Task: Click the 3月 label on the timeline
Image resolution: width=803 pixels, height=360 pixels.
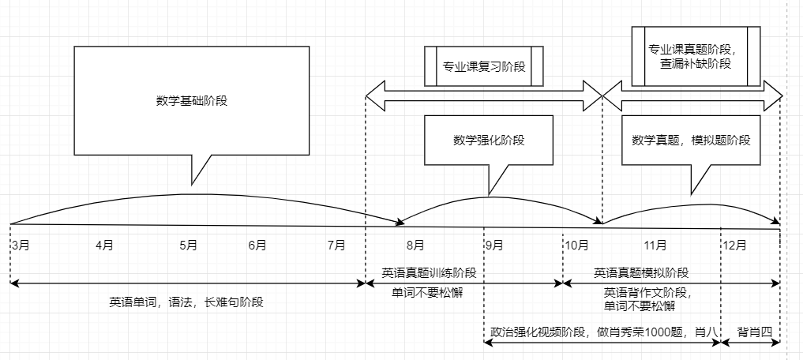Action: [x=21, y=245]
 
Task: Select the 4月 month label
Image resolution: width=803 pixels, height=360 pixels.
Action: [x=104, y=246]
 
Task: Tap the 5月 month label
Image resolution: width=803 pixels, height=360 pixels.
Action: [x=188, y=246]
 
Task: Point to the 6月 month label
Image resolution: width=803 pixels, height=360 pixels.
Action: [x=257, y=246]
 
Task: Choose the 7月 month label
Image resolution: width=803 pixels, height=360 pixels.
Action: [x=336, y=246]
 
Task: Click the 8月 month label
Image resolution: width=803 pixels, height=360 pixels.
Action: [x=415, y=246]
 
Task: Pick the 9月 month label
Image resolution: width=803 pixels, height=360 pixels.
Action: [x=494, y=246]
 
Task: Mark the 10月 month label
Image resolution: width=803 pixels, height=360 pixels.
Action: [x=576, y=246]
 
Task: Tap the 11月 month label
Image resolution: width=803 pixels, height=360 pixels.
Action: [x=655, y=246]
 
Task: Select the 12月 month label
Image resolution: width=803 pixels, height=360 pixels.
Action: [x=734, y=246]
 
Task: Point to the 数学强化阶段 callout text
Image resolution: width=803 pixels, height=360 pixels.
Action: [x=489, y=140]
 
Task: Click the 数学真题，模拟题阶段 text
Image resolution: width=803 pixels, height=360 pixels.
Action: [x=691, y=140]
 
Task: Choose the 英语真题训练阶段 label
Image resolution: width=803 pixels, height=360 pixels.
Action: [x=430, y=273]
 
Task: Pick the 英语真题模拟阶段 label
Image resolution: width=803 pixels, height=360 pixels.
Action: [x=641, y=273]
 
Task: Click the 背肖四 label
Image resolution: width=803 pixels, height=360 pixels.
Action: [x=754, y=332]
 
